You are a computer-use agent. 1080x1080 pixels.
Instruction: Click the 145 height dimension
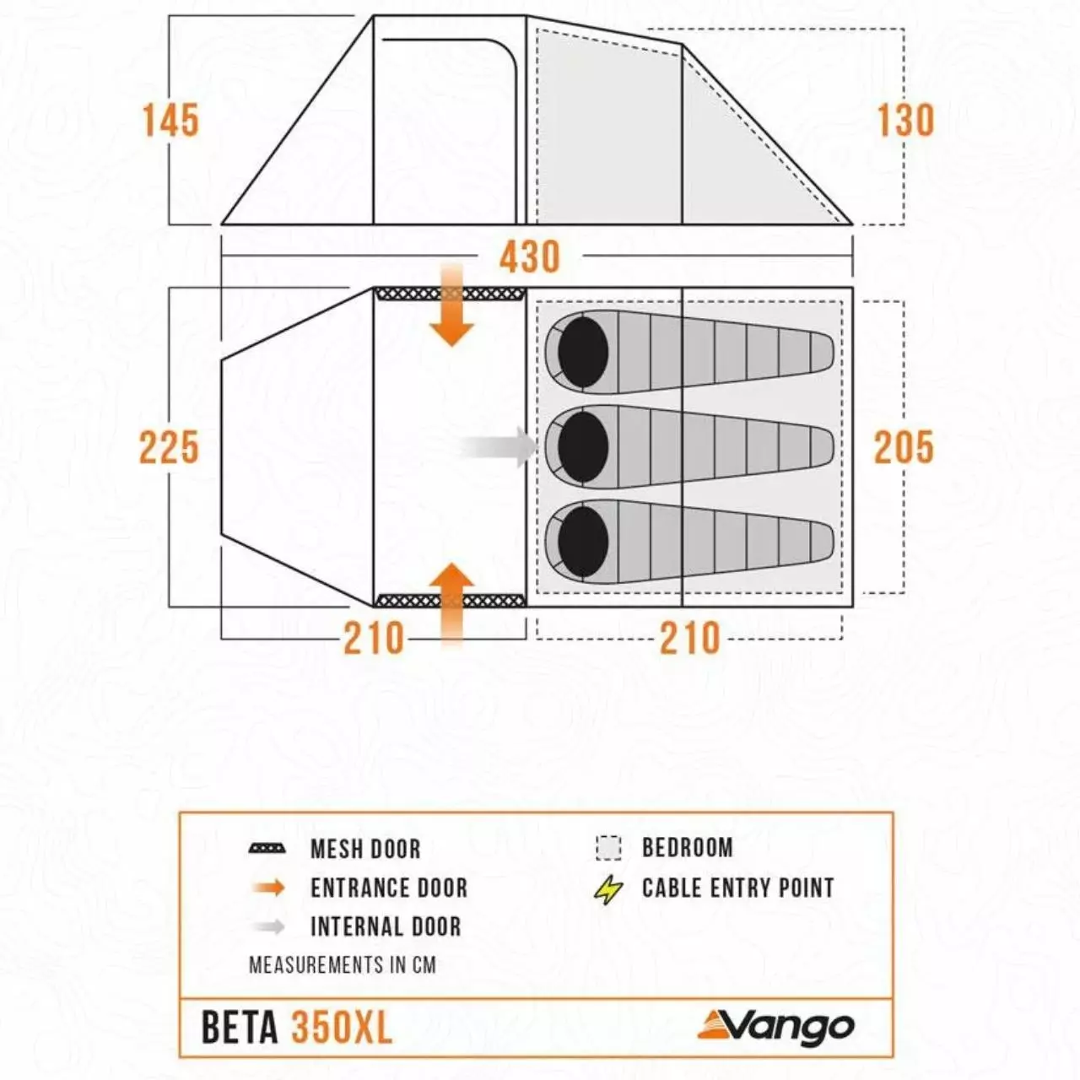tap(171, 120)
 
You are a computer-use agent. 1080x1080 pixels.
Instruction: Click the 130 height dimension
tap(905, 120)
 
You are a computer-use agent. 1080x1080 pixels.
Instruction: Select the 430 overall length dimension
tap(530, 257)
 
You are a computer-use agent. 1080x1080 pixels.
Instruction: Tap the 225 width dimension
tap(170, 447)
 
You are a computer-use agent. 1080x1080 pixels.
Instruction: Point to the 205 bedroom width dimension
tap(904, 447)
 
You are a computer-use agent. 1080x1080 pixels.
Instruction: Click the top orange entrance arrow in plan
tap(451, 306)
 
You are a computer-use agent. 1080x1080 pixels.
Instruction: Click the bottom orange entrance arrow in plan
tap(451, 605)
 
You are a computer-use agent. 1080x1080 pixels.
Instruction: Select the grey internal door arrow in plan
tap(499, 446)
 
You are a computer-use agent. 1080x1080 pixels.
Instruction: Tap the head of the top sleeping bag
tap(583, 352)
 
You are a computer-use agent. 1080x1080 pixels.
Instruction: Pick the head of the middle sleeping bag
tap(583, 446)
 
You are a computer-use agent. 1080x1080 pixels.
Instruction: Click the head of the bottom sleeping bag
tap(583, 542)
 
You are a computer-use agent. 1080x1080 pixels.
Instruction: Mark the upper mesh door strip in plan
tap(450, 294)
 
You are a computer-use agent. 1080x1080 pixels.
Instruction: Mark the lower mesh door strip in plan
tap(450, 601)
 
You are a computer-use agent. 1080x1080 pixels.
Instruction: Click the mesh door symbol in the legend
tap(267, 849)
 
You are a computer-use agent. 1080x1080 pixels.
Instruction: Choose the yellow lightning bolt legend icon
tap(608, 888)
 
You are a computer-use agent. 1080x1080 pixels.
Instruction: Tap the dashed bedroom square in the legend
tap(608, 848)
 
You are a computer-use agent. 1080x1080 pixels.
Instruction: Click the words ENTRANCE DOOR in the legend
tap(389, 888)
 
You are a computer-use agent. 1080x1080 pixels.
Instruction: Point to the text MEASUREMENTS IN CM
tap(343, 965)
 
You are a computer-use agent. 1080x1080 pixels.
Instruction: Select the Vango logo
tap(776, 1026)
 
